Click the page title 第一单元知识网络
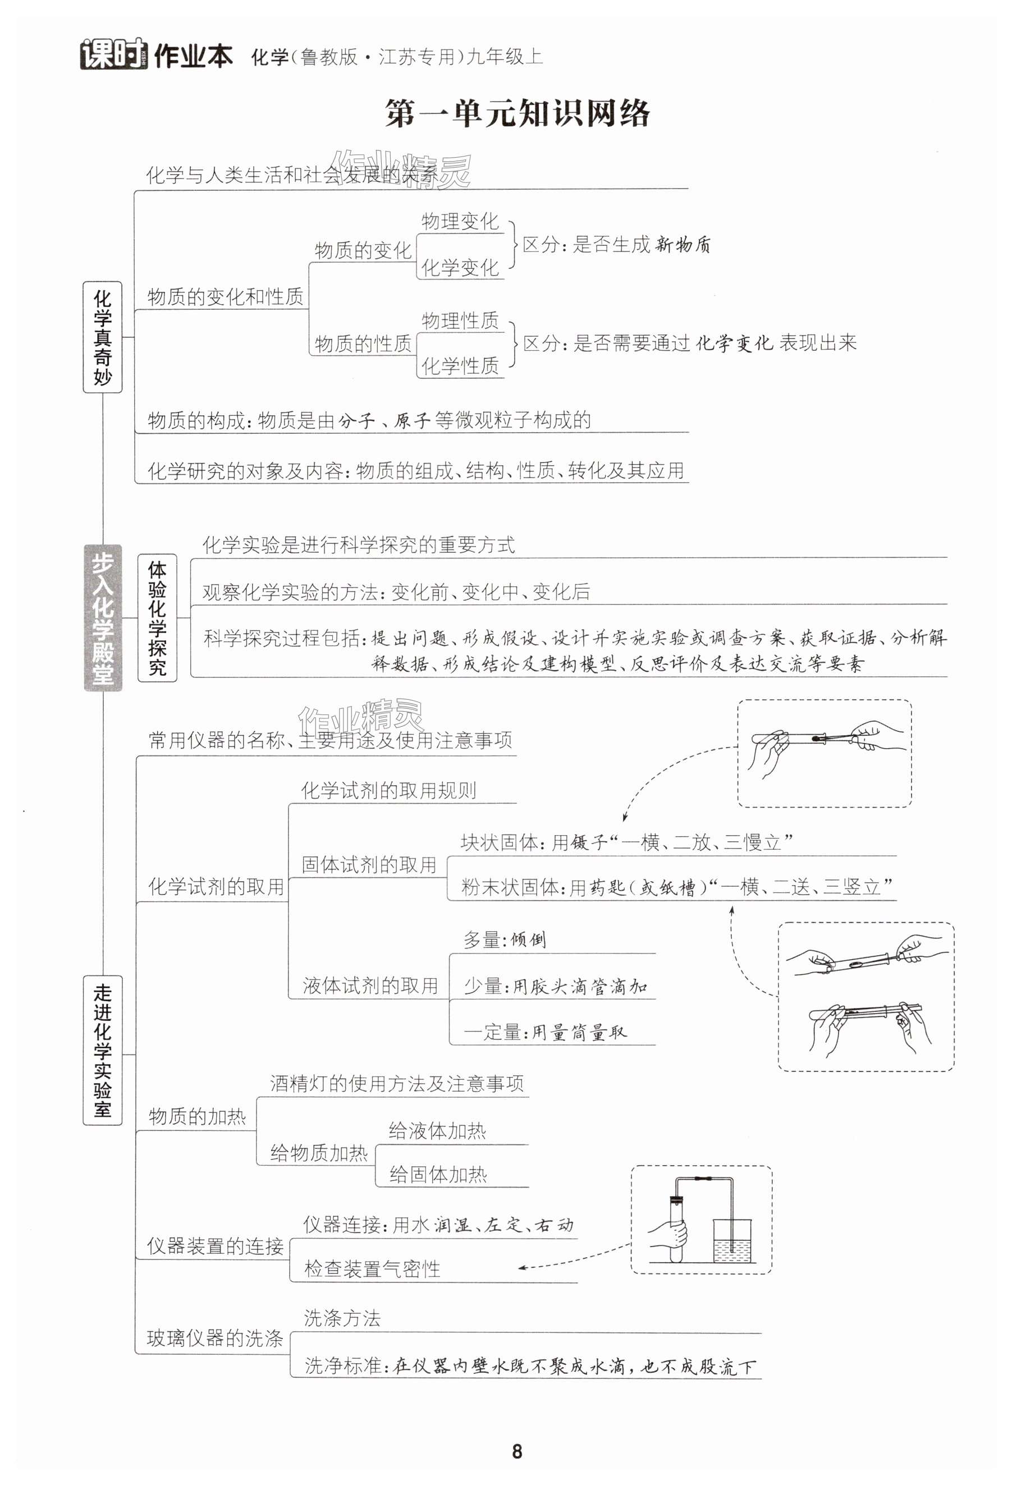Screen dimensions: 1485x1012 (517, 114)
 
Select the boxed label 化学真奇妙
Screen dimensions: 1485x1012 (102, 337)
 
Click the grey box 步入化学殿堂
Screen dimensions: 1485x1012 (102, 617)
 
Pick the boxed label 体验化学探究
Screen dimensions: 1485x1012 (157, 617)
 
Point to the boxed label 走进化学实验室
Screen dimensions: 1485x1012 (102, 1050)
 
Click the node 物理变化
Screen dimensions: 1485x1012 (459, 221)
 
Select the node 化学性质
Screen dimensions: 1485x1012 (459, 365)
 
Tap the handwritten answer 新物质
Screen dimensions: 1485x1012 (683, 244)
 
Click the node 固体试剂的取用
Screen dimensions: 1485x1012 (369, 864)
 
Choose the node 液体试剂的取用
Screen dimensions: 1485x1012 (370, 986)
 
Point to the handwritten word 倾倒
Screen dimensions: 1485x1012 (528, 939)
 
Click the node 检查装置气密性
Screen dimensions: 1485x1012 (372, 1268)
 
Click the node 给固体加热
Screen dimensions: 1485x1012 (438, 1175)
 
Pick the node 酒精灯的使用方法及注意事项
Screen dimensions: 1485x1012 (396, 1083)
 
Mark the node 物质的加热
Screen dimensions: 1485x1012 (197, 1116)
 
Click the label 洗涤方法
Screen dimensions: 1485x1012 (342, 1318)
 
